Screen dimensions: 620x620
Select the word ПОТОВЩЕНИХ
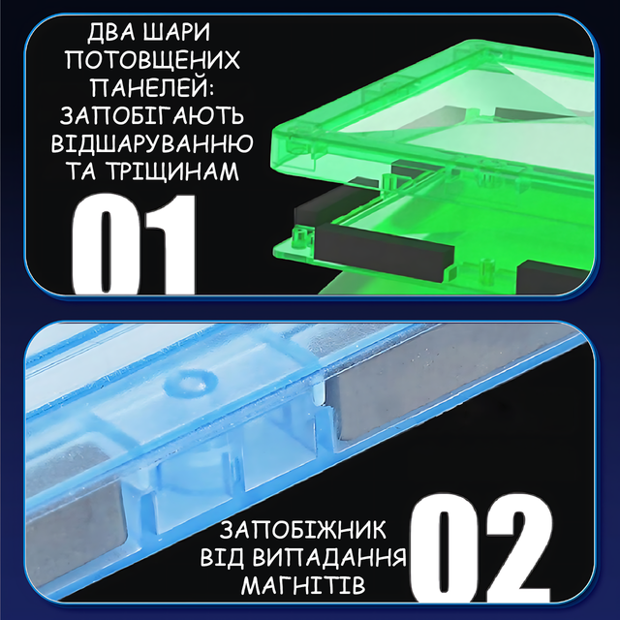click(x=152, y=60)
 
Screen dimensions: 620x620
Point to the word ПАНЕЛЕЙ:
click(x=152, y=88)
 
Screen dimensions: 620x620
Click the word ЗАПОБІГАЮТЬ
click(x=152, y=115)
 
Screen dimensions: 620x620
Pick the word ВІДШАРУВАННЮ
click(x=152, y=143)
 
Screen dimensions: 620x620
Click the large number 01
click(x=135, y=244)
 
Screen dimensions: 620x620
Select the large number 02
click(x=481, y=547)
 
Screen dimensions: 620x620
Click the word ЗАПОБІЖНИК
click(x=302, y=530)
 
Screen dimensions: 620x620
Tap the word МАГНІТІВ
click(x=303, y=585)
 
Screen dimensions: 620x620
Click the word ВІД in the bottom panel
click(x=222, y=558)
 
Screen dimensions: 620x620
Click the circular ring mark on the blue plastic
click(x=192, y=383)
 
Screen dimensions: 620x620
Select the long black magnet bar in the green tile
click(x=385, y=252)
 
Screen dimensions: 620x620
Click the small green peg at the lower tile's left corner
click(x=300, y=238)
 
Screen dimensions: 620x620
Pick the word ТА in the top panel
click(x=82, y=170)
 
